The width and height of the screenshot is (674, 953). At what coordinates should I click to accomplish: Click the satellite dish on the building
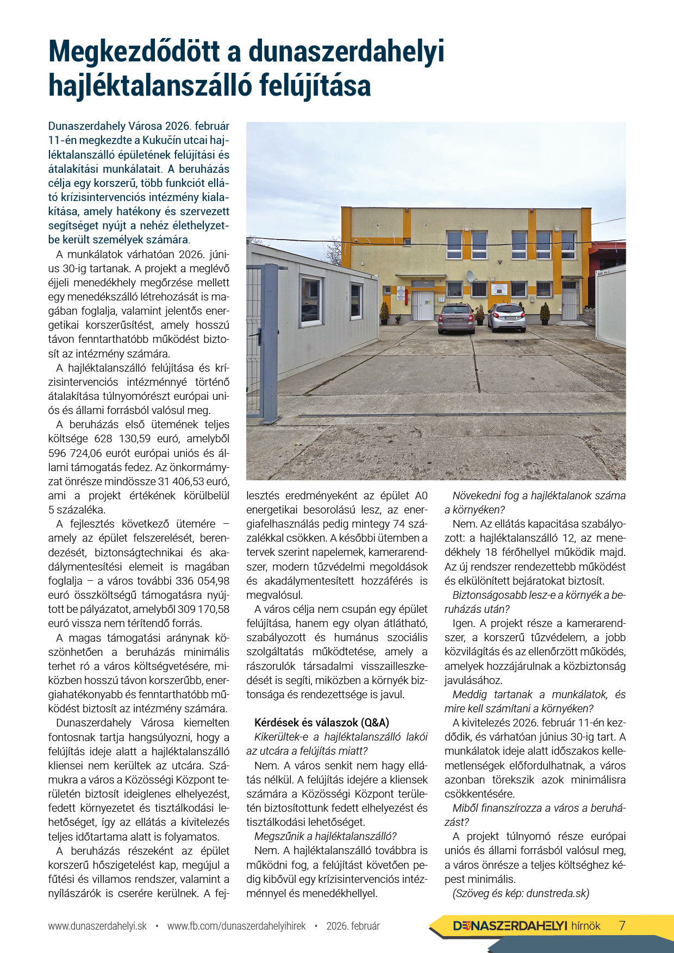[x=470, y=276]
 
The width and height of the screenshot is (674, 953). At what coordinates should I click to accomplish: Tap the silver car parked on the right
[x=507, y=317]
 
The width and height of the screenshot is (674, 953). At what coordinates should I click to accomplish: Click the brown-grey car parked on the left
[x=456, y=318]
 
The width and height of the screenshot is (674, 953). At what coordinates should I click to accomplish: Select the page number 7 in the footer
[x=622, y=925]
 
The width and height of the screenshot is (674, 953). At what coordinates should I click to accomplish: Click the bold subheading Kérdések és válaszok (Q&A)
[x=322, y=723]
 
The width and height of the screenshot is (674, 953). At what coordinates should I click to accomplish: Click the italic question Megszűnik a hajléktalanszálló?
[x=326, y=836]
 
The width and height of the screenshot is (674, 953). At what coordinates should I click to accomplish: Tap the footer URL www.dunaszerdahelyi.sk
[x=97, y=926]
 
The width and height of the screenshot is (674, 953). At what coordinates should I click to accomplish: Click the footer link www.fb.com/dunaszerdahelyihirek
[x=236, y=926]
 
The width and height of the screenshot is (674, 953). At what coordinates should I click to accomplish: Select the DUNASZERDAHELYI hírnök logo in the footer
[x=526, y=926]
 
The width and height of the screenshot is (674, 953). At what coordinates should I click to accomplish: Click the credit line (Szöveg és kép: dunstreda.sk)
[x=521, y=893]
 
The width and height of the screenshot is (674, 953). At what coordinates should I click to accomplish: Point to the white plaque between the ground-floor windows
[x=498, y=289]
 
